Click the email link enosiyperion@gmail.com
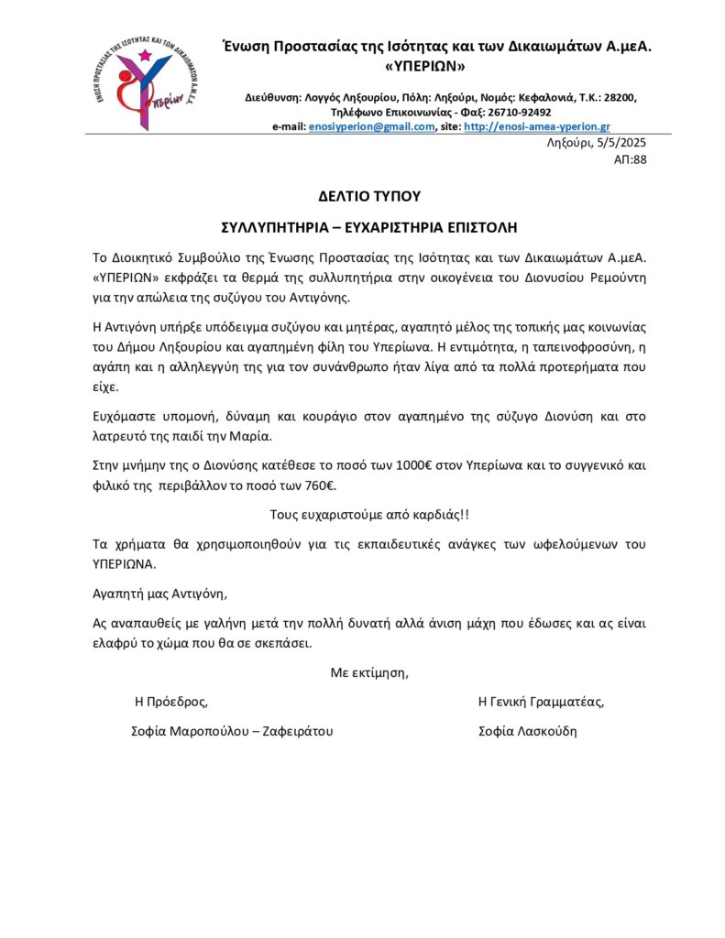click(371, 126)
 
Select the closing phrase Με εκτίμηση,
click(369, 672)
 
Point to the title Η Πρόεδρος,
click(171, 702)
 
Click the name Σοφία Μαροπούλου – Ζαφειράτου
click(232, 731)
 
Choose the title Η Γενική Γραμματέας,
click(541, 702)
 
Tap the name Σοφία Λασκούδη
click(528, 731)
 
